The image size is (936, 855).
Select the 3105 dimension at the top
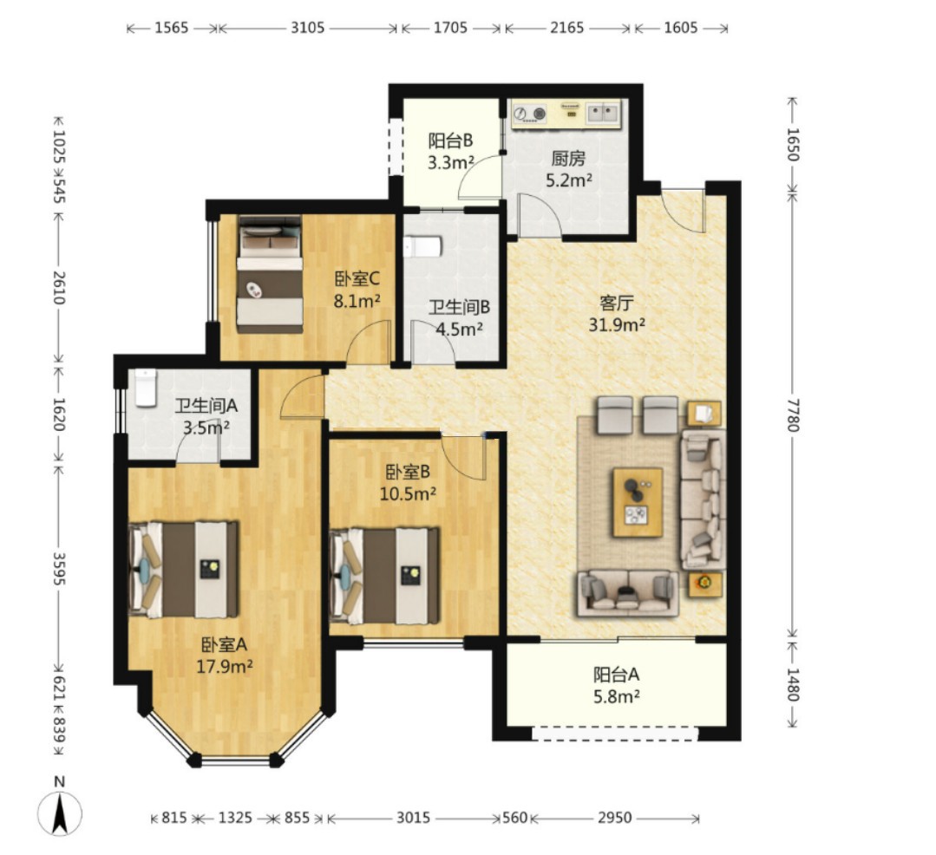[x=307, y=28]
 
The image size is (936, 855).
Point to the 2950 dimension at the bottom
[x=615, y=818]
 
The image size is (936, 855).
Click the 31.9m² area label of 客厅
[x=617, y=324]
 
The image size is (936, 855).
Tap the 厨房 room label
[x=568, y=158]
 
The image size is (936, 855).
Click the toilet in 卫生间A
[x=145, y=388]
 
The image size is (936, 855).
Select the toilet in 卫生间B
[x=422, y=246]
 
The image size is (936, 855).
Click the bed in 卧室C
[x=269, y=274]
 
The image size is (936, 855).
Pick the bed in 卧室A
[x=184, y=570]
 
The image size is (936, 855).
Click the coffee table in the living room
[x=638, y=502]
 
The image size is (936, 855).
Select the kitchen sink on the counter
[x=603, y=112]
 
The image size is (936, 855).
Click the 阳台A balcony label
[x=616, y=675]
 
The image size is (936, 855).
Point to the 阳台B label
[x=451, y=140]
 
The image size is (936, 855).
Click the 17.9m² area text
[x=225, y=666]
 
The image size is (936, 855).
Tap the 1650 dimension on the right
[x=793, y=145]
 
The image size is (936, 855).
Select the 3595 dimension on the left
[x=59, y=568]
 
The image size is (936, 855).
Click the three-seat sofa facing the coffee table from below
[x=627, y=593]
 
